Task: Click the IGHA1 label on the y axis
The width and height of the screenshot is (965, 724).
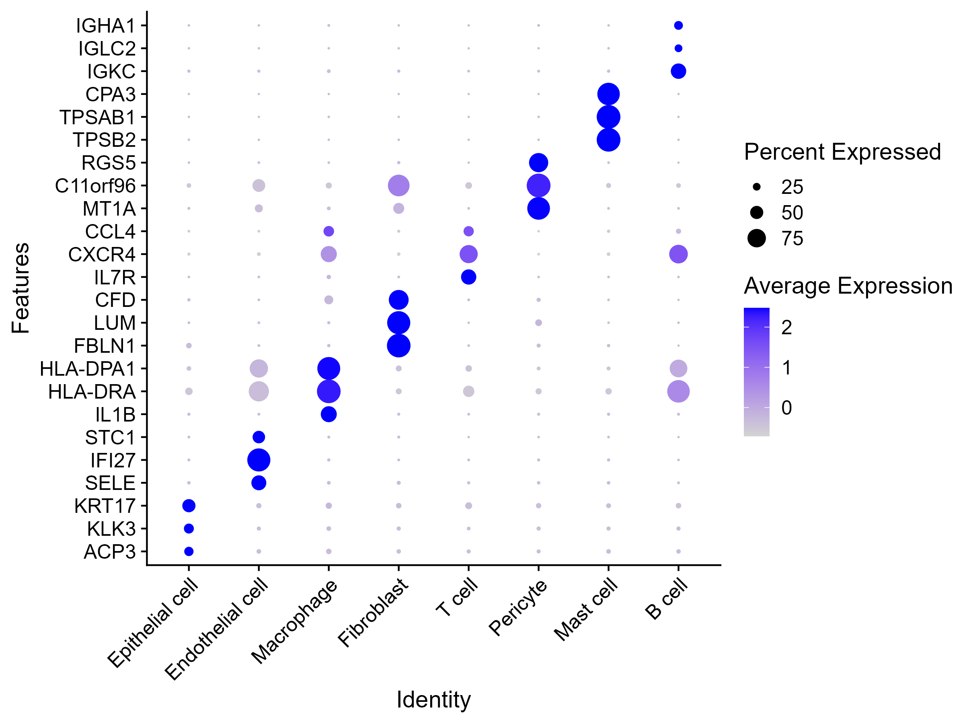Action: pos(106,26)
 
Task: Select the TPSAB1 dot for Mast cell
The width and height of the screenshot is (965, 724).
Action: pos(608,117)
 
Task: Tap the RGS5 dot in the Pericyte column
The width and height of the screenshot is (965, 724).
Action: pos(538,163)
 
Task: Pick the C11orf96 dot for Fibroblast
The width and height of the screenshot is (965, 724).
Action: pos(398,185)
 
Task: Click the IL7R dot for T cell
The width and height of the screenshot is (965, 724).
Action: pos(468,277)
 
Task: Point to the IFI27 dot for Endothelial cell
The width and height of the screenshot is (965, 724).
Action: pos(259,460)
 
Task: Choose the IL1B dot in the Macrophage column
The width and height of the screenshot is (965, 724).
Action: pos(329,414)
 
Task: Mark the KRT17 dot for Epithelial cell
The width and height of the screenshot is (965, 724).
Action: pos(189,506)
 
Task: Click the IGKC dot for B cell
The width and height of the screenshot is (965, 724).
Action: pos(678,71)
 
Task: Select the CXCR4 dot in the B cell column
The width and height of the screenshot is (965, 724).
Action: pos(678,254)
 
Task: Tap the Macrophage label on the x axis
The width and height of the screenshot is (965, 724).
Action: pos(295,621)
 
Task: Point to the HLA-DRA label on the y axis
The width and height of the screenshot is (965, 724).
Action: pos(92,392)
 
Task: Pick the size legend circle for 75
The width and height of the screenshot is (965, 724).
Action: pos(756,238)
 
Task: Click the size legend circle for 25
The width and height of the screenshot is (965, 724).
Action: pos(756,187)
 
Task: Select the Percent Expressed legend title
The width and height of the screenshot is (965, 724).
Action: pos(842,152)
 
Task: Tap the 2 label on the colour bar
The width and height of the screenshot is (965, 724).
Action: pos(786,327)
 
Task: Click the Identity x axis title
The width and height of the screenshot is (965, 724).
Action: pos(433,699)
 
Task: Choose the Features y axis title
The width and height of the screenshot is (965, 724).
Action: pos(21,288)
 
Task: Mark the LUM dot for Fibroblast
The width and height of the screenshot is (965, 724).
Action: pos(398,323)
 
